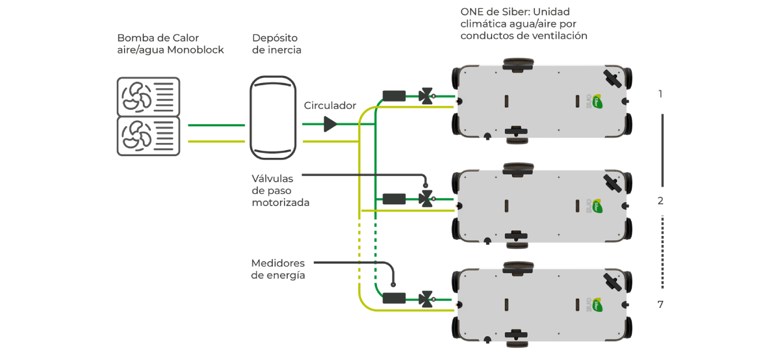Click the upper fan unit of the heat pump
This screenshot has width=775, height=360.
[148, 96]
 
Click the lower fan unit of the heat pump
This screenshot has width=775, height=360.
[148, 136]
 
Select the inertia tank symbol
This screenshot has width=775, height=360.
[272, 118]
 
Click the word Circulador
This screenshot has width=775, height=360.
[330, 105]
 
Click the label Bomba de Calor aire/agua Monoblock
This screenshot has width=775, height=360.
[170, 44]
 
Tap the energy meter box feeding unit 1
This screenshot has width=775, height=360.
[394, 96]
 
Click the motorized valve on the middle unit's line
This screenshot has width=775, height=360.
[426, 199]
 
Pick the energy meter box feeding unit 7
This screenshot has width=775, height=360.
[394, 299]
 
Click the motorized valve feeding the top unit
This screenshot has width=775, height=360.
[426, 96]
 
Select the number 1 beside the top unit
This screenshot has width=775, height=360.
[660, 94]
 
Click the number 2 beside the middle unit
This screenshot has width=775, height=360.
[660, 201]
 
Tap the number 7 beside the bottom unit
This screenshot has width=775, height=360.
[660, 304]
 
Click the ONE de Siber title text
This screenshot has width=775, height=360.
[524, 24]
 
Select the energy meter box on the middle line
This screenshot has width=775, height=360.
[394, 199]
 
